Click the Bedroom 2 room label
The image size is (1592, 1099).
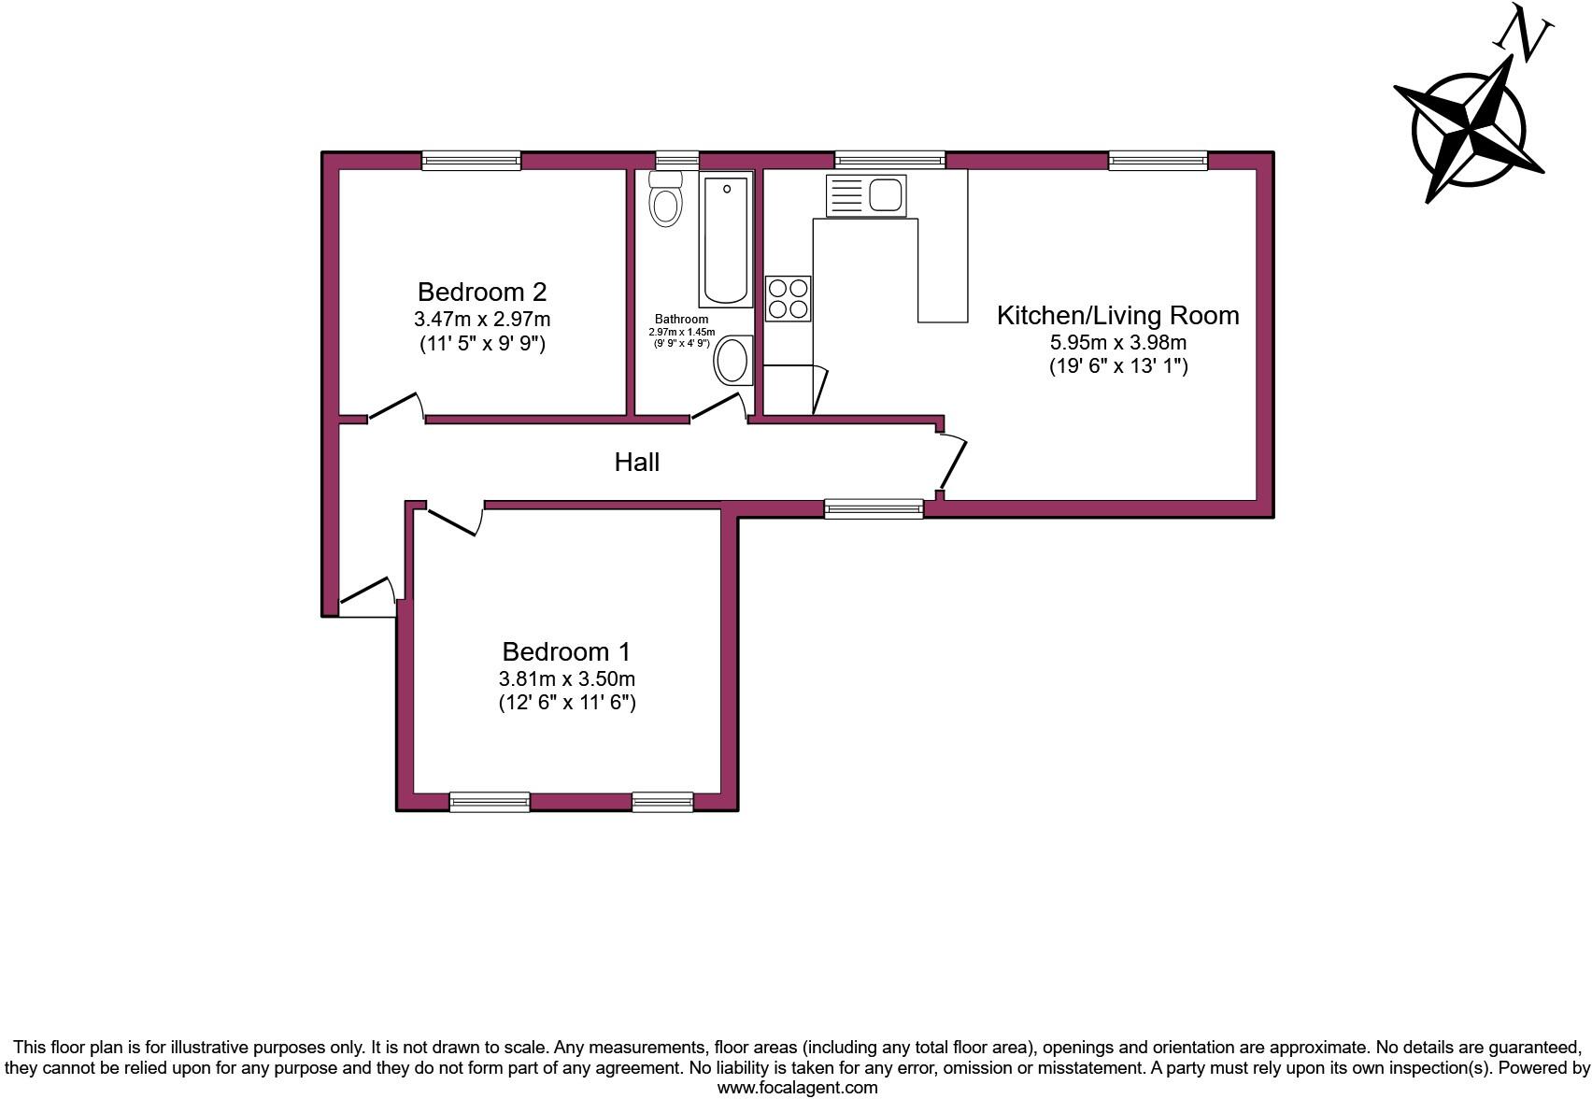coord(481,292)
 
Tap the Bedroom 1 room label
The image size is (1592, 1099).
coord(566,651)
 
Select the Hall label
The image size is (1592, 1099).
coord(637,462)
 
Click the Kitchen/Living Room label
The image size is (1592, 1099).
coord(1117,315)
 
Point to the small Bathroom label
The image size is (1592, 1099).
coord(681,319)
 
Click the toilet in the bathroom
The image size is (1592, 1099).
coord(665,200)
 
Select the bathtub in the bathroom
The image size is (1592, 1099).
coord(726,240)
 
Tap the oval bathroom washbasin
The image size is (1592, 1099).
coord(732,360)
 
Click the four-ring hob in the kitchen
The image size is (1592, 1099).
coord(788,299)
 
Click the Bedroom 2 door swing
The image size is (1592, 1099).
coord(397,407)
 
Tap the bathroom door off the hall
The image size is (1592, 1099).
coord(719,408)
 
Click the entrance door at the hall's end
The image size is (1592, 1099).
coord(368,594)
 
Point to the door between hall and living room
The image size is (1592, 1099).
coord(954,461)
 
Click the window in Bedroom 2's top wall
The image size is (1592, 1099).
coord(471,161)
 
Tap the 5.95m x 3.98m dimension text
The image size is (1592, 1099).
coord(1117,342)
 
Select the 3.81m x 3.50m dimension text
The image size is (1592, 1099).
coord(566,678)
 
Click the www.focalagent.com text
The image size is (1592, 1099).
coord(797,1088)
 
